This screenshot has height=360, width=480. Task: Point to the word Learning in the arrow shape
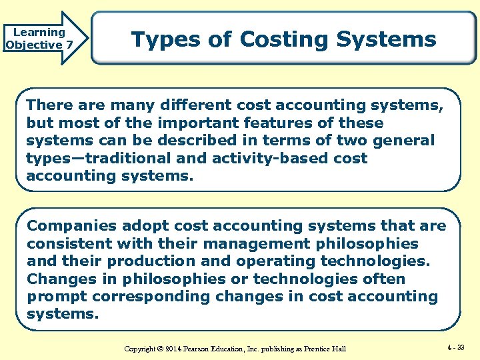tap(39, 32)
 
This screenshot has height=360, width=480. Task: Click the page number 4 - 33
tap(457, 347)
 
